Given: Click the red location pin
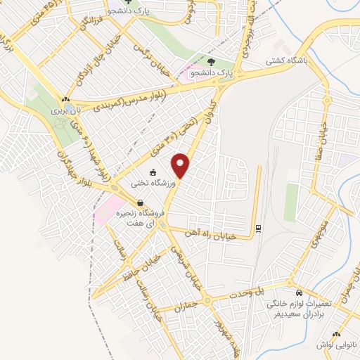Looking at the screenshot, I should click(x=181, y=165).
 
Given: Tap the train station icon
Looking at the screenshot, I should click(x=258, y=227).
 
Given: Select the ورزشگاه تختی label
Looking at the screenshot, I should click(x=149, y=184).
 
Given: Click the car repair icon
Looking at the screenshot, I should click(x=300, y=292).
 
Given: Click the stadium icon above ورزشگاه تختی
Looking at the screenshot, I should click(x=153, y=172).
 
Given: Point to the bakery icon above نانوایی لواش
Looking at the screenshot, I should click(x=337, y=333).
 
